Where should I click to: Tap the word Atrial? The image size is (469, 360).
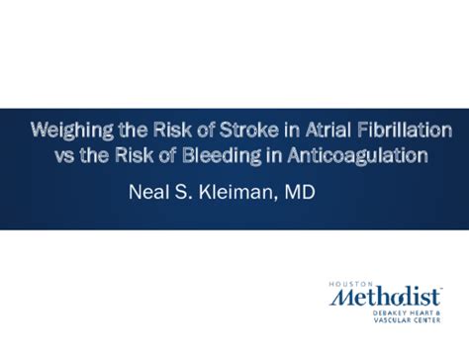[x=314, y=131]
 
